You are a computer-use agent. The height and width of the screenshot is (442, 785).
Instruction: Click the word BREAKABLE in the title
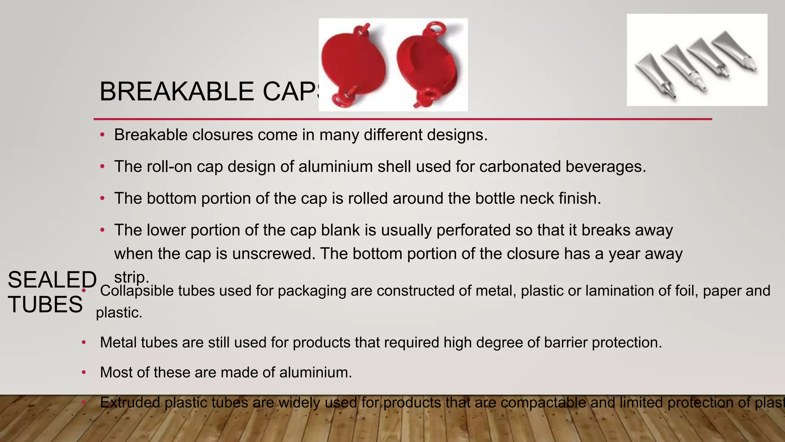coord(177,92)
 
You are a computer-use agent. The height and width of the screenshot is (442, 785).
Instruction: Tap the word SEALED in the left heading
coord(52,280)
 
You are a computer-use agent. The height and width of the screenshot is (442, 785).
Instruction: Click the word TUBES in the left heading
coord(45,305)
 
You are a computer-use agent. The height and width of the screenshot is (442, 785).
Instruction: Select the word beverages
coord(606,167)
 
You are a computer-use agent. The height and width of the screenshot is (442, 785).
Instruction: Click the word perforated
coord(473,230)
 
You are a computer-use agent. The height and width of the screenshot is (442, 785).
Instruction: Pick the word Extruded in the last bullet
coord(130,402)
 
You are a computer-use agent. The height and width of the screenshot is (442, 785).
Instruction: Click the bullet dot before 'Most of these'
coord(84,372)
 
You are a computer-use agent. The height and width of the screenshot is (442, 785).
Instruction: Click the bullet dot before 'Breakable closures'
coord(102,135)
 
